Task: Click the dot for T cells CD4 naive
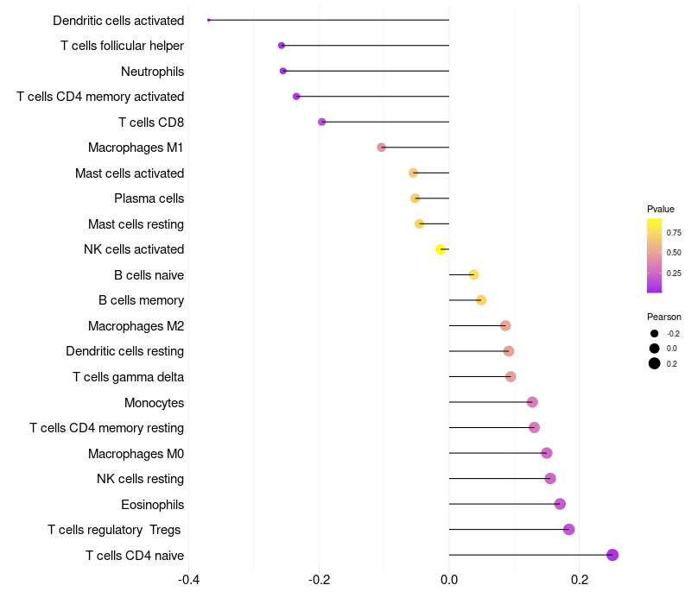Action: coord(612,555)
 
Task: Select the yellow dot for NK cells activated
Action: coord(441,249)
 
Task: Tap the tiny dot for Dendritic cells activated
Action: coord(209,20)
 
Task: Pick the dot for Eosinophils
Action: coord(560,504)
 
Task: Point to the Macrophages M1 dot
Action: coord(382,148)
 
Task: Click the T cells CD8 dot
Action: coord(322,122)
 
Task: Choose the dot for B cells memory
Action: coord(481,300)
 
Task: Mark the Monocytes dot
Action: coord(532,402)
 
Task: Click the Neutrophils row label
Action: coord(152,71)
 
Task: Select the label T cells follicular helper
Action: coord(122,46)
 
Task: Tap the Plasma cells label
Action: coord(149,198)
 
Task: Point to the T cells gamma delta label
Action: coord(128,377)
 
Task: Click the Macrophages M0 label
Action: coord(136,454)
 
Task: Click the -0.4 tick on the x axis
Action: coord(189,579)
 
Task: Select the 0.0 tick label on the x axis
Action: coord(449,579)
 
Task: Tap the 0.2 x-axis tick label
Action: coord(580,579)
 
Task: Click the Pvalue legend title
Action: coord(661,209)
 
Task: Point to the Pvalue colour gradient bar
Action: coord(654,255)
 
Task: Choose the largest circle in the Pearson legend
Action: coord(655,363)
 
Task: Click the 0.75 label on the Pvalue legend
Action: coord(674,232)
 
